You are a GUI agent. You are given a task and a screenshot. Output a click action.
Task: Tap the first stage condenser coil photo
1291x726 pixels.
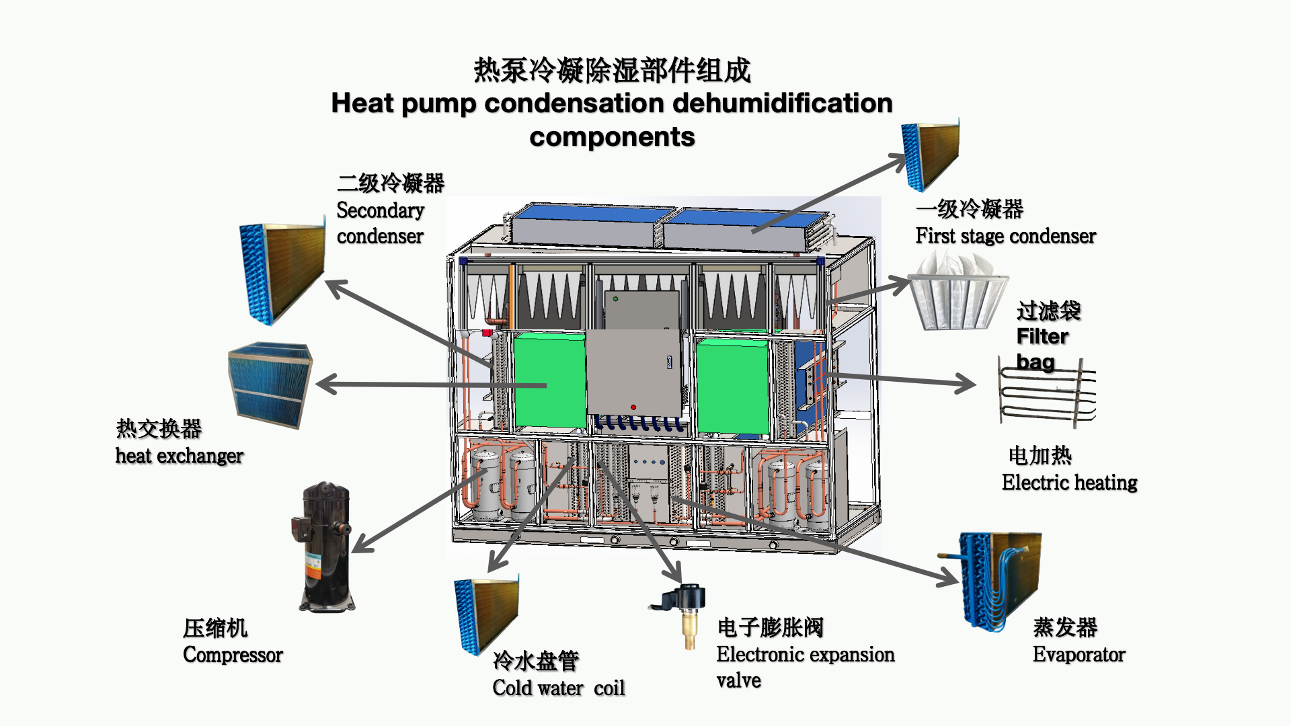pos(931,155)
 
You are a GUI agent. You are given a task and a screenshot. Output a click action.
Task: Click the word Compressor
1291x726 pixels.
pos(233,655)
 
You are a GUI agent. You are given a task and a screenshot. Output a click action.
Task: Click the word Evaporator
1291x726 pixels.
pos(1079,655)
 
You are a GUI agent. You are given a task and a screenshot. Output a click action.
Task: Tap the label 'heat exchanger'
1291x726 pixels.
pos(179,456)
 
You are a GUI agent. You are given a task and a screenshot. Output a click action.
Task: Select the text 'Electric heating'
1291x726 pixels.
pos(1069,483)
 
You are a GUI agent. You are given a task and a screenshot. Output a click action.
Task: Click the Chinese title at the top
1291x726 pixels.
pos(612,70)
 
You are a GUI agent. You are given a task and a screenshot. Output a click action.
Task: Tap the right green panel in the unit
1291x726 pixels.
pos(733,387)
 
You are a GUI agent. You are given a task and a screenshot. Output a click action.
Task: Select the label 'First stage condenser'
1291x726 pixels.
pos(1005,236)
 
